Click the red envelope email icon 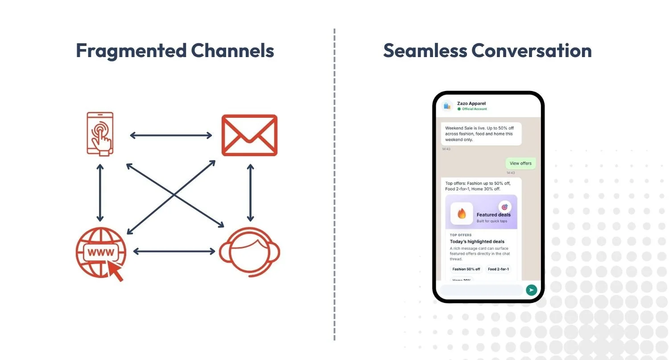(250, 135)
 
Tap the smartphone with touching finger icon (100, 133)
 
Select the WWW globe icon (101, 252)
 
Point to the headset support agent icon (249, 251)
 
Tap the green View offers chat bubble (520, 163)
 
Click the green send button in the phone (531, 290)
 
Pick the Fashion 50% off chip (466, 269)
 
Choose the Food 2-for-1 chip (498, 269)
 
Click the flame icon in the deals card (462, 214)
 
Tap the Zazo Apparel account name (471, 103)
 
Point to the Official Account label (474, 109)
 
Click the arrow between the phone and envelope (171, 135)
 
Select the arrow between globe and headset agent (174, 252)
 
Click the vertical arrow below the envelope (250, 193)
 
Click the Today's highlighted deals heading (477, 241)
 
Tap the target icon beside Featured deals (505, 207)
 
